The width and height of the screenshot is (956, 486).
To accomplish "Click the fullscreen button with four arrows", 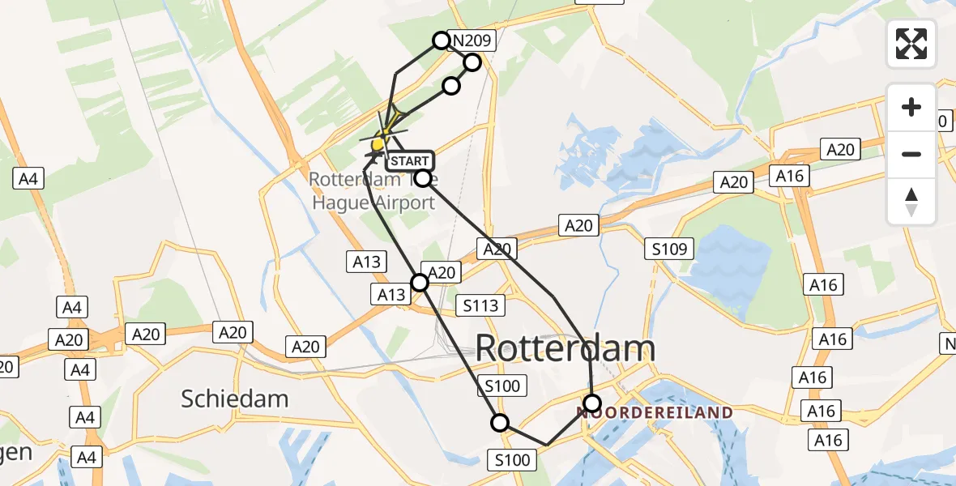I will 911,44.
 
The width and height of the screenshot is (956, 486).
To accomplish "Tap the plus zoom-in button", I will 911,108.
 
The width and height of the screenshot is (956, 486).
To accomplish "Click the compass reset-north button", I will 911,202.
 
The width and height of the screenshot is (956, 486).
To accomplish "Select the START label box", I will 408,161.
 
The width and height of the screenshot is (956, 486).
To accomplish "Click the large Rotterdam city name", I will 565,348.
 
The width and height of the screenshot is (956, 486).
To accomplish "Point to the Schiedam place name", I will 235,399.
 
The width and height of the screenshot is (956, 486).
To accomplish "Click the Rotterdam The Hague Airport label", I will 374,191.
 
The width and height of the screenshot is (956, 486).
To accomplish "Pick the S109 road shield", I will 669,249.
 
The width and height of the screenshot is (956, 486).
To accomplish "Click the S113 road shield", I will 480,305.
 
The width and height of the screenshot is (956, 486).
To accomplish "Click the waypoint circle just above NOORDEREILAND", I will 592,403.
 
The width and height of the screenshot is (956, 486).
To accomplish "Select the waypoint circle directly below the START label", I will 422,178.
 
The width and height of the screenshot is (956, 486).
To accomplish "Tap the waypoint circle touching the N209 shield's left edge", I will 441,40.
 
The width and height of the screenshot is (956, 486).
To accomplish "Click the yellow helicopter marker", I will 378,143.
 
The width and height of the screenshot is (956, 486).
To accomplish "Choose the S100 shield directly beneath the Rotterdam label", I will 502,386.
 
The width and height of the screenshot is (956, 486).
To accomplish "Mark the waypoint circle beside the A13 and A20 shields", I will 420,282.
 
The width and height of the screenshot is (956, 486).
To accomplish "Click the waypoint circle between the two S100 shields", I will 500,422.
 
